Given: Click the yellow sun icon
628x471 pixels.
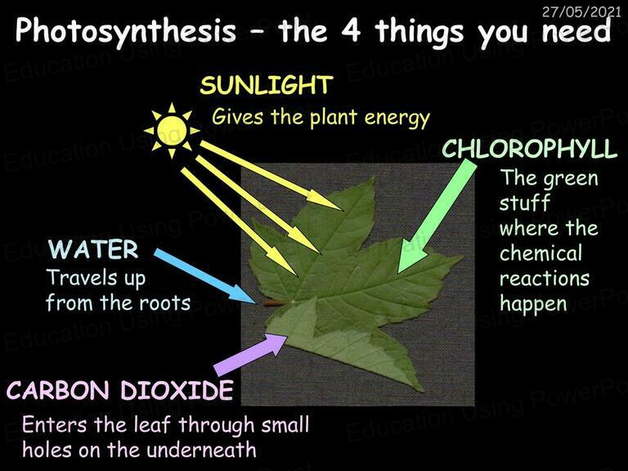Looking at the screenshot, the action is tap(172, 130).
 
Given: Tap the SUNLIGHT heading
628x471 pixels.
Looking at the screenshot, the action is tap(267, 85).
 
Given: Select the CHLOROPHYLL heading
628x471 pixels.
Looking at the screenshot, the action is tap(530, 149).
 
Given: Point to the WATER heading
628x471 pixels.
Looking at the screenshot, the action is tap(93, 249).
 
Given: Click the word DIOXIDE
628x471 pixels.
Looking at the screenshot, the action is tap(177, 390).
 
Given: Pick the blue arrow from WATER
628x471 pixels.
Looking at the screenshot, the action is tap(205, 276).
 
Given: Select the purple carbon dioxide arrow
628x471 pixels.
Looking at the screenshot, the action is tap(250, 354).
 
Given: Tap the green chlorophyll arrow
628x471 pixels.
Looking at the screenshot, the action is tap(437, 216).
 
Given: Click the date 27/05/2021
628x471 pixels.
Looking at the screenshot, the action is tap(581, 12).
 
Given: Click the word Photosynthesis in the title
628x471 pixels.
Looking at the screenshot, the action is tap(126, 30).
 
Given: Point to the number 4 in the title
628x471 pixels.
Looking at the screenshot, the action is tap(352, 29).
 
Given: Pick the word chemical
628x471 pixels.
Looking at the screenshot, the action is tap(541, 253).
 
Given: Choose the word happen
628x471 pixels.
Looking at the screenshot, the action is tap(533, 304).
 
